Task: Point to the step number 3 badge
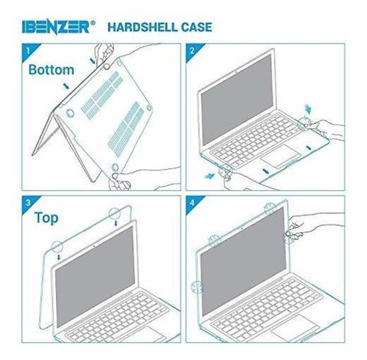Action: tap(27, 201)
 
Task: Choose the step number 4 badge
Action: tap(192, 201)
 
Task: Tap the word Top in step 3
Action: tap(47, 218)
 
